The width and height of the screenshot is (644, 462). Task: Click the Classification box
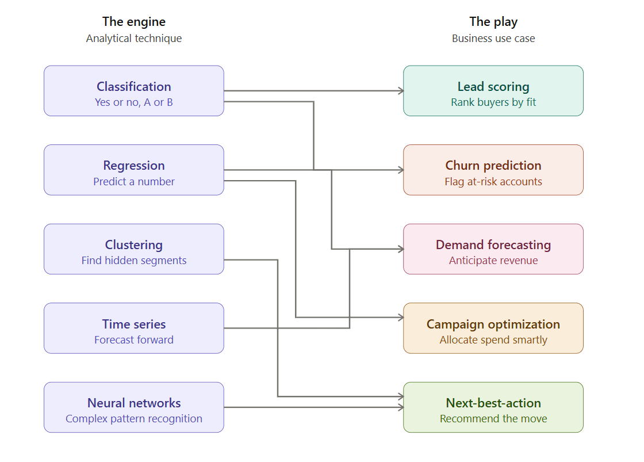134,91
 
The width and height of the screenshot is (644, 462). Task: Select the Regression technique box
134,170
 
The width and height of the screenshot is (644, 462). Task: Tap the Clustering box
134,249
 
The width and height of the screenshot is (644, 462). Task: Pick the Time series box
134,328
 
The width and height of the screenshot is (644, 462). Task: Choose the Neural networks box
134,407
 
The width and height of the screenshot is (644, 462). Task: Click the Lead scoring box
493,91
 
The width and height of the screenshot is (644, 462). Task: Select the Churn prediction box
493,170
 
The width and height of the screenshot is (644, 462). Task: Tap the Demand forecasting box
493,249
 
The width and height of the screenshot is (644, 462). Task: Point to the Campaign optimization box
493,328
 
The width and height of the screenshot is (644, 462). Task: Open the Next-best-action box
493,407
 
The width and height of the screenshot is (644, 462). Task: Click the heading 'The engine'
134,21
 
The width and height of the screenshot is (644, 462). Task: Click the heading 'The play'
493,21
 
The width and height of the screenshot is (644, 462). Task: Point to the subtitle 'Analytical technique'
134,38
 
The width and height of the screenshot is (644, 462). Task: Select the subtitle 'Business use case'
493,38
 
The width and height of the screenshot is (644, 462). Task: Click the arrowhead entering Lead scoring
401,91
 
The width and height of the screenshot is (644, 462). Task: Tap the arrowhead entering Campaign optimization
401,318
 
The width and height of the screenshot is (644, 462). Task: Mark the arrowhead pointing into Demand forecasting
401,249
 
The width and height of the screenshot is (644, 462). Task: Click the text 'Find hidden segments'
134,260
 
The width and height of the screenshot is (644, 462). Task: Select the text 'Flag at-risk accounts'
493,181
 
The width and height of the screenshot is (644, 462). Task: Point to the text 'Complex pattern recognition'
134,418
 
